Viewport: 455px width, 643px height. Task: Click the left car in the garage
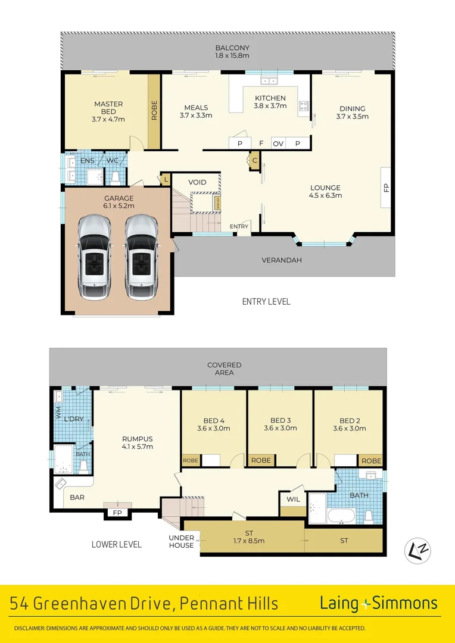(95, 252)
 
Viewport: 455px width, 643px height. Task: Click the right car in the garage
(141, 252)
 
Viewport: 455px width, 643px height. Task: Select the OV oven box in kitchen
(278, 143)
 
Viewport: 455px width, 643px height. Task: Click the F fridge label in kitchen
(261, 143)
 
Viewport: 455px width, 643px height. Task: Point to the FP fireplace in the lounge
(386, 188)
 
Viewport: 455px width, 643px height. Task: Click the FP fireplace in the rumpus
(117, 513)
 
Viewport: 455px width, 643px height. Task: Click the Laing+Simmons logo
(378, 603)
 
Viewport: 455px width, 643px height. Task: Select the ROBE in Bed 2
(372, 461)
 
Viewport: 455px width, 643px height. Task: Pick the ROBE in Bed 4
(191, 461)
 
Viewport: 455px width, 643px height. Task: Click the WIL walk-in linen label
(294, 499)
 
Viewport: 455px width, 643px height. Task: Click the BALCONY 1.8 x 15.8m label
(232, 52)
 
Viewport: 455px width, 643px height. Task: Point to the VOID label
(197, 182)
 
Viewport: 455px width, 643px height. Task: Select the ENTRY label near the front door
(239, 226)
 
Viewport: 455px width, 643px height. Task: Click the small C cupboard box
(254, 160)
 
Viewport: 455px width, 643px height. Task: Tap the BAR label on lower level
(77, 497)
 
